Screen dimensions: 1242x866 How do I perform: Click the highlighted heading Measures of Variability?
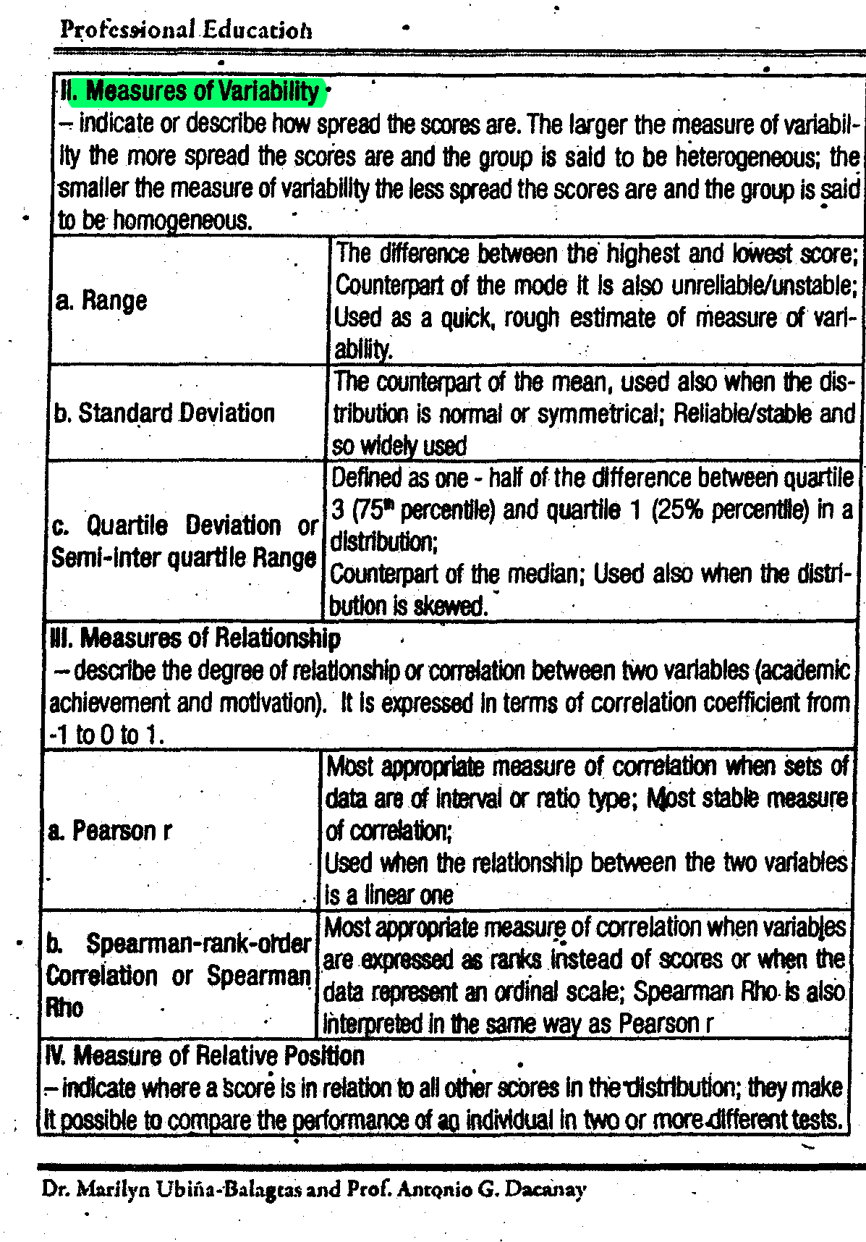tap(192, 91)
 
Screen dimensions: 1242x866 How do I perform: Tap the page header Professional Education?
tap(186, 30)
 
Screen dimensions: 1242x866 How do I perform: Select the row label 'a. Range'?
tap(101, 300)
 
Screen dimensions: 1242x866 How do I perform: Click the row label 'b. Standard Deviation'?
tap(164, 413)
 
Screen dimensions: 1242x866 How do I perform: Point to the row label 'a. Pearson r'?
tap(110, 830)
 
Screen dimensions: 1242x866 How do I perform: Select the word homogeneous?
tap(183, 221)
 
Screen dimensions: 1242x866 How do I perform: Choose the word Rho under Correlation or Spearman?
tap(64, 1007)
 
